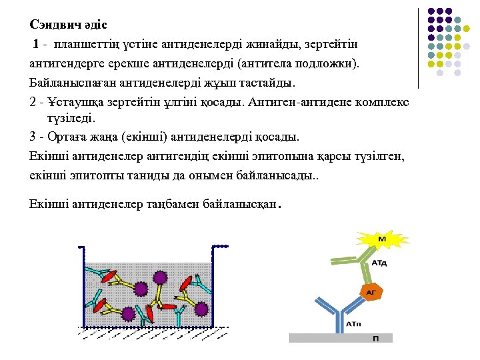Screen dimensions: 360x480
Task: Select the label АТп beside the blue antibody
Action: click(x=355, y=323)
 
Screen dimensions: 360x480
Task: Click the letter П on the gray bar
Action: click(x=377, y=339)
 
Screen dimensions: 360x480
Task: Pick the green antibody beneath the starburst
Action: click(x=360, y=267)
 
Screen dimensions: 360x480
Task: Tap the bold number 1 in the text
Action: click(x=36, y=45)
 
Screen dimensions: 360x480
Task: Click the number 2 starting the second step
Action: click(x=33, y=104)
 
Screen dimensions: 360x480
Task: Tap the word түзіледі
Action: click(x=71, y=118)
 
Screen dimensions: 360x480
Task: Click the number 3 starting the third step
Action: click(x=33, y=137)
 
